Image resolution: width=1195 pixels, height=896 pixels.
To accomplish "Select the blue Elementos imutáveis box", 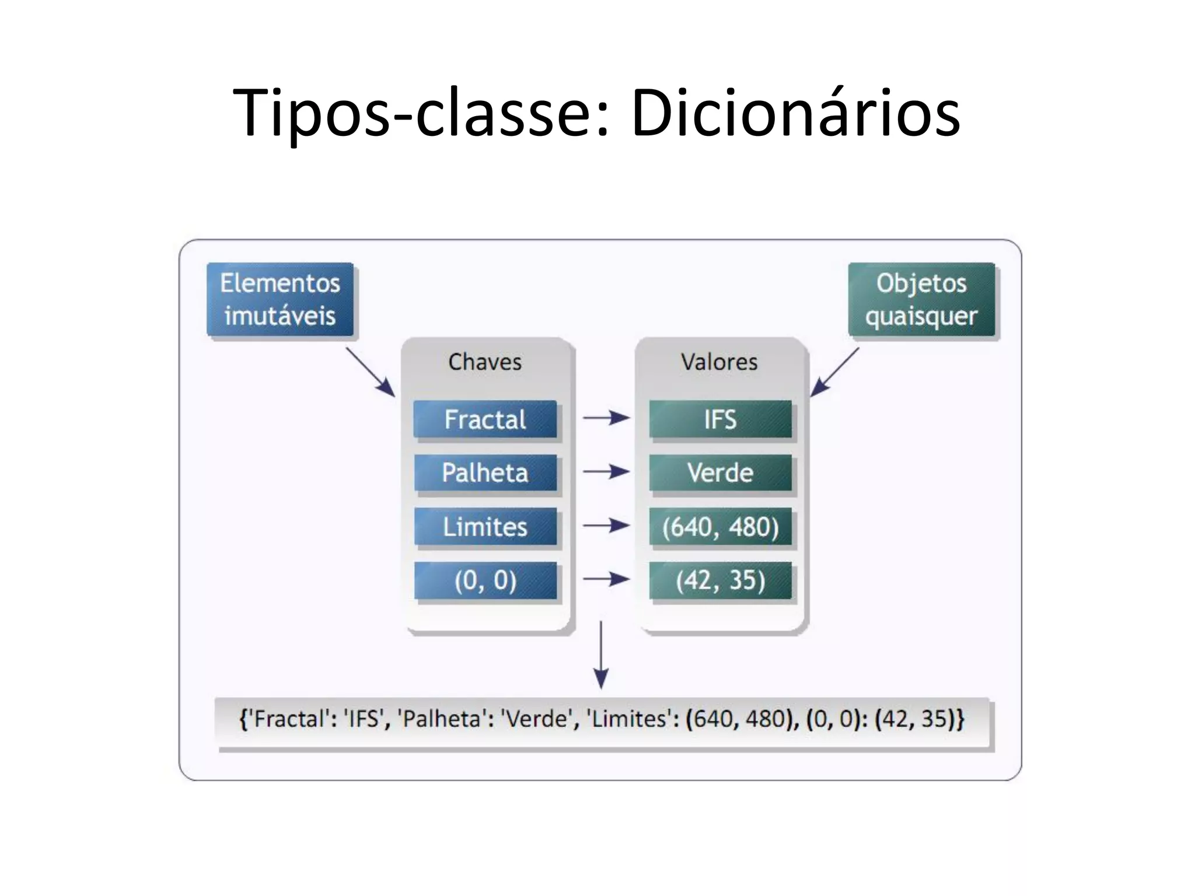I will [x=280, y=300].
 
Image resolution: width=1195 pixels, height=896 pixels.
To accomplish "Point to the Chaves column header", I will [x=484, y=362].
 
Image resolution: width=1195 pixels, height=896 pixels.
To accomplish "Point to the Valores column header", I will [x=719, y=362].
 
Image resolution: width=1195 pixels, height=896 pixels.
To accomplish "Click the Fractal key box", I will [x=485, y=419].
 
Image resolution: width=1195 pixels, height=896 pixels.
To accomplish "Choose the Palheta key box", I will [x=485, y=473].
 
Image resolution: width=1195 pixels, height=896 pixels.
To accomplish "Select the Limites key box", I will [x=485, y=527].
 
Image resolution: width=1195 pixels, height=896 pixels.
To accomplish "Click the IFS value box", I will [x=720, y=419].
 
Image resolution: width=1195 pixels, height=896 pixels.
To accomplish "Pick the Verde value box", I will [x=720, y=473].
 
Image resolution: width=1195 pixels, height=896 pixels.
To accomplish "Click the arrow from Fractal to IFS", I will [x=606, y=418].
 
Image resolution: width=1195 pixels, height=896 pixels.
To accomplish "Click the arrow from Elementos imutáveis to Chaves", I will [x=370, y=372].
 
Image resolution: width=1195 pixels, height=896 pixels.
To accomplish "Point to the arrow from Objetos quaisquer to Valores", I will [x=834, y=372].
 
